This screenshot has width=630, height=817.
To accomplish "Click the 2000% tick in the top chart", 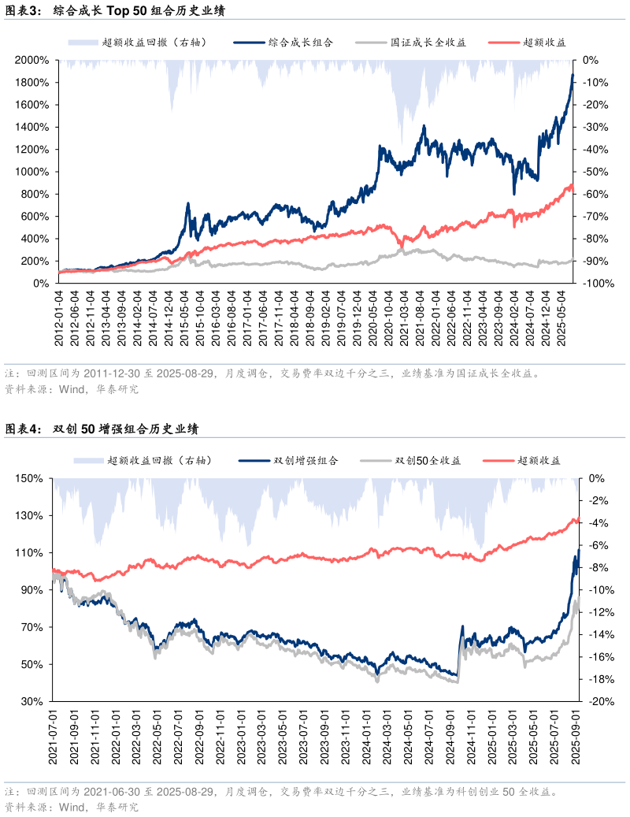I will point(33,60).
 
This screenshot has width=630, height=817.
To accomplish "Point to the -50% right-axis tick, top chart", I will point(593,172).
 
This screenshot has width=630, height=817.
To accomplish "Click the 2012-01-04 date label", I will point(59,316).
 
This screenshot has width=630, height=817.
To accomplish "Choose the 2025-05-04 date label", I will point(561,316).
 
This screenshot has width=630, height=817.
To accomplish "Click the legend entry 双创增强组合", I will point(306,461).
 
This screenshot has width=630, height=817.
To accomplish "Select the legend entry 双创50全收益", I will point(428,461).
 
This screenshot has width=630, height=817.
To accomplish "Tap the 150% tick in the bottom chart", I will point(35,478).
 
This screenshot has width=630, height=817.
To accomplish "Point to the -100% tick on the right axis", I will point(595,284).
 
